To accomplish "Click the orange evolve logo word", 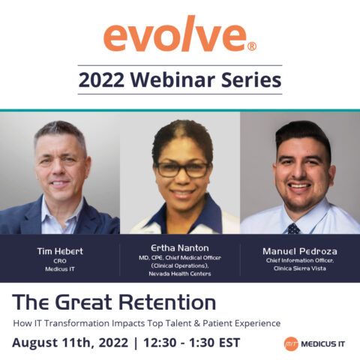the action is [175, 34].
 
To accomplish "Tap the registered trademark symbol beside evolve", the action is [252, 46].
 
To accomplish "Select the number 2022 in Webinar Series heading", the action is [101, 80].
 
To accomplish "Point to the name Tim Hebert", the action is [60, 251].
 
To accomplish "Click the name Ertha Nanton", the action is [180, 248].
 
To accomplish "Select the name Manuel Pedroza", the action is [300, 251].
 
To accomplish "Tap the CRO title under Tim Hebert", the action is [60, 261].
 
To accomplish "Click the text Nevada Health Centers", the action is [180, 274].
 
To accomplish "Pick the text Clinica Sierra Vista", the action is [300, 268].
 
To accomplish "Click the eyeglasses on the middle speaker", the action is [183, 169].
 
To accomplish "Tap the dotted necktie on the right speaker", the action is [293, 229].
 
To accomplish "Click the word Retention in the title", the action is [167, 302].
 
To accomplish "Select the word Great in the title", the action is [83, 302].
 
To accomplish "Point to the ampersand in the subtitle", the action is [197, 323].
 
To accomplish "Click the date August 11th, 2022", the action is [70, 343].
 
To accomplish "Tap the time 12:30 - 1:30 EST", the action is [192, 343].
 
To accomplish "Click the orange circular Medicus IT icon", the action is [291, 344].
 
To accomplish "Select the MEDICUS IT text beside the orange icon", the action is [322, 344].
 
